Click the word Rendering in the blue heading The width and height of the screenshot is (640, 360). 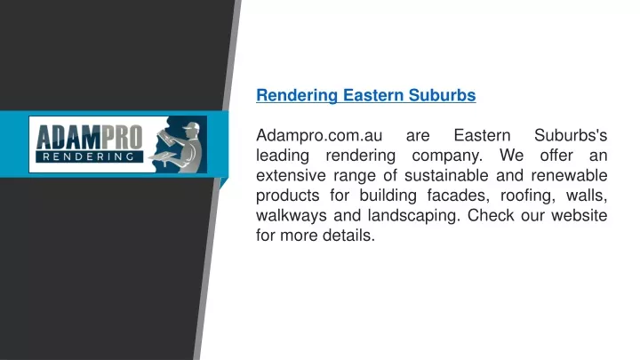click(297, 95)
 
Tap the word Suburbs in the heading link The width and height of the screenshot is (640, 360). click(442, 95)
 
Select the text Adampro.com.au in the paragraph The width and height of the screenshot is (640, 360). click(319, 135)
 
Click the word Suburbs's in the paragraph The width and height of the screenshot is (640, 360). click(571, 135)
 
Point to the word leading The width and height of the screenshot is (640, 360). click(283, 156)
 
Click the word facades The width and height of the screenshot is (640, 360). click(456, 196)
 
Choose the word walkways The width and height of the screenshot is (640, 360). click(292, 215)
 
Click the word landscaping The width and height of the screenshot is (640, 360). click(412, 216)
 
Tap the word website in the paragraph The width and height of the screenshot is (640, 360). click(580, 215)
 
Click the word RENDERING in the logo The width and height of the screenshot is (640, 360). click(89, 156)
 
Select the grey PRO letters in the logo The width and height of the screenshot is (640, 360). click(122, 138)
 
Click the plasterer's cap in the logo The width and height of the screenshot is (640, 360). click(191, 126)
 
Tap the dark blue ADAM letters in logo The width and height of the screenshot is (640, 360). click(68, 138)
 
